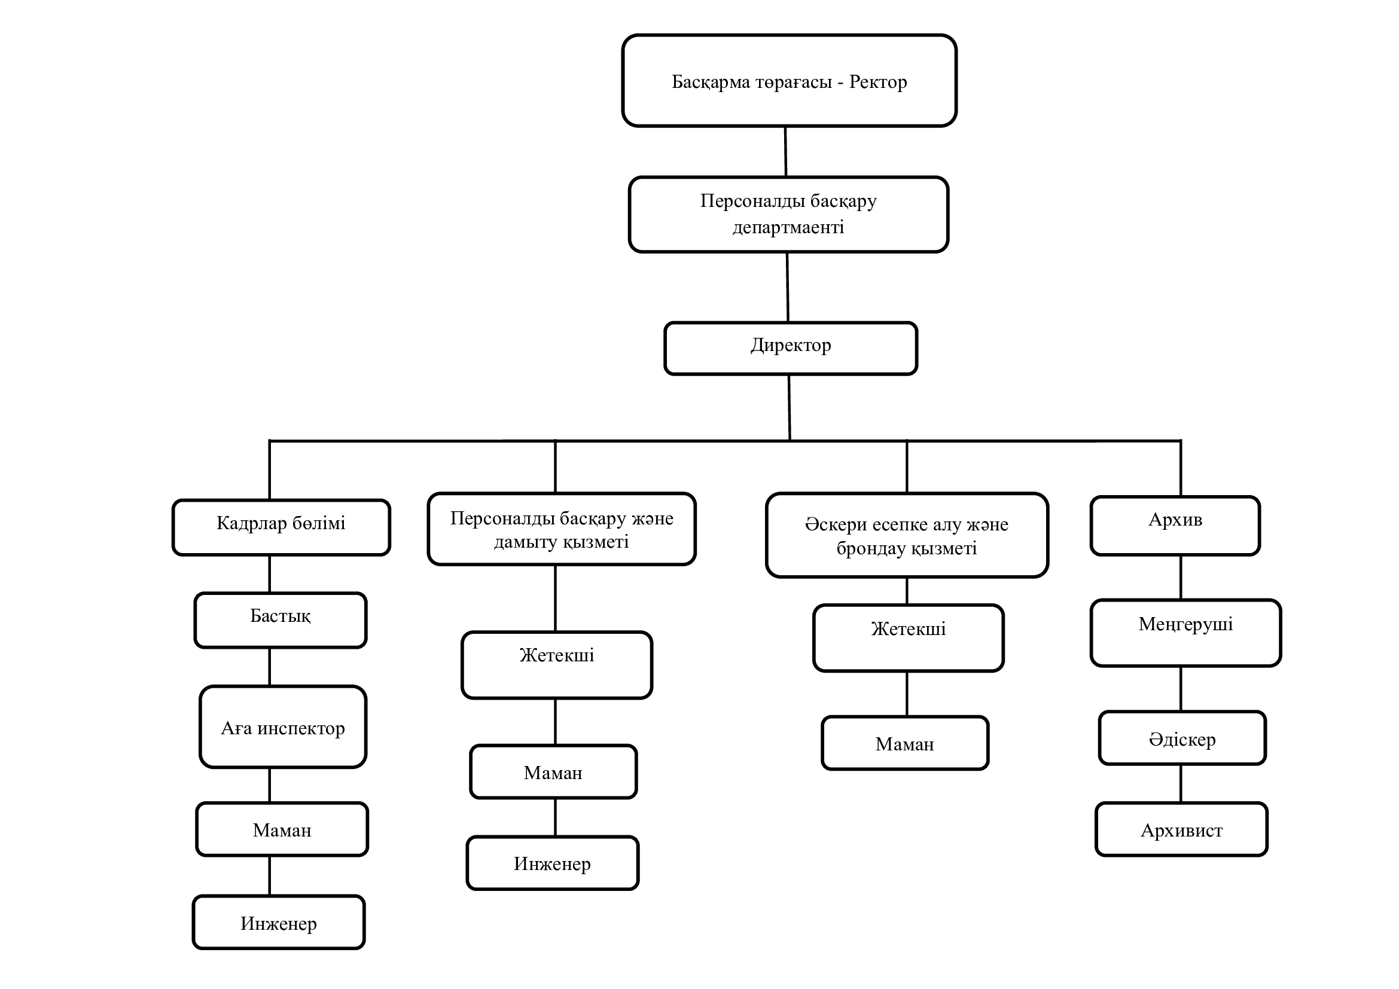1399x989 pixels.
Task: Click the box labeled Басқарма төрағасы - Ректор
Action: point(789,80)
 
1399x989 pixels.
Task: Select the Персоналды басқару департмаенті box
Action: point(788,215)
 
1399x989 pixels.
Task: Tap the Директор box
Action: point(790,349)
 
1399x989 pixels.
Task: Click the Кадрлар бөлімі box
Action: point(281,527)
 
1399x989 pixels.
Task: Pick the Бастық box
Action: point(281,620)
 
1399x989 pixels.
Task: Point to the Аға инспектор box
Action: point(283,727)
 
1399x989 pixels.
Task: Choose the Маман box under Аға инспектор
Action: point(282,829)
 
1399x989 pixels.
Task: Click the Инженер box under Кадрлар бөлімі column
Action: point(279,922)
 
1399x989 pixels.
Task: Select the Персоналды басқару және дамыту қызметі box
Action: point(561,529)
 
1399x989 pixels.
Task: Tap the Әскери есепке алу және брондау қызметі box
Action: point(907,535)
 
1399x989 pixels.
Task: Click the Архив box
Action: point(1175,526)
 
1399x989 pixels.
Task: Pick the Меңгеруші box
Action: point(1185,633)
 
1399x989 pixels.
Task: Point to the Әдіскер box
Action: point(1182,737)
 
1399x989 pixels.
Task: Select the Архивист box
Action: point(1181,829)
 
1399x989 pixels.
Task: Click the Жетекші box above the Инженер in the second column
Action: point(557,665)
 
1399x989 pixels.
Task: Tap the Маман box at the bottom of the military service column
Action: point(905,743)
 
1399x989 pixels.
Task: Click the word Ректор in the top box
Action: point(878,81)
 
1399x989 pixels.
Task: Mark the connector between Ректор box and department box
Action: point(785,152)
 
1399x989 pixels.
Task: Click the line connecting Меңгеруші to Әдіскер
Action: point(1181,689)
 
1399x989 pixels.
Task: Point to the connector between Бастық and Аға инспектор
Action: point(269,667)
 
